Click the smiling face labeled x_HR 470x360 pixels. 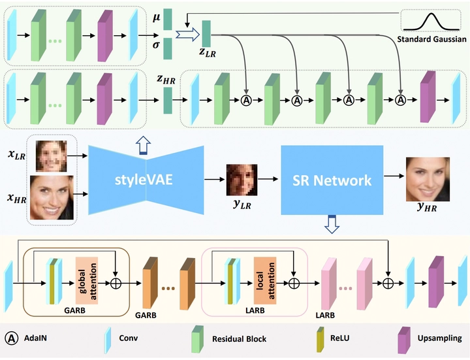tap(52, 194)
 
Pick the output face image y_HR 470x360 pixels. tap(428, 179)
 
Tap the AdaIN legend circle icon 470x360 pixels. tap(11, 338)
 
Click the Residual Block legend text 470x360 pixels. tap(239, 339)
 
